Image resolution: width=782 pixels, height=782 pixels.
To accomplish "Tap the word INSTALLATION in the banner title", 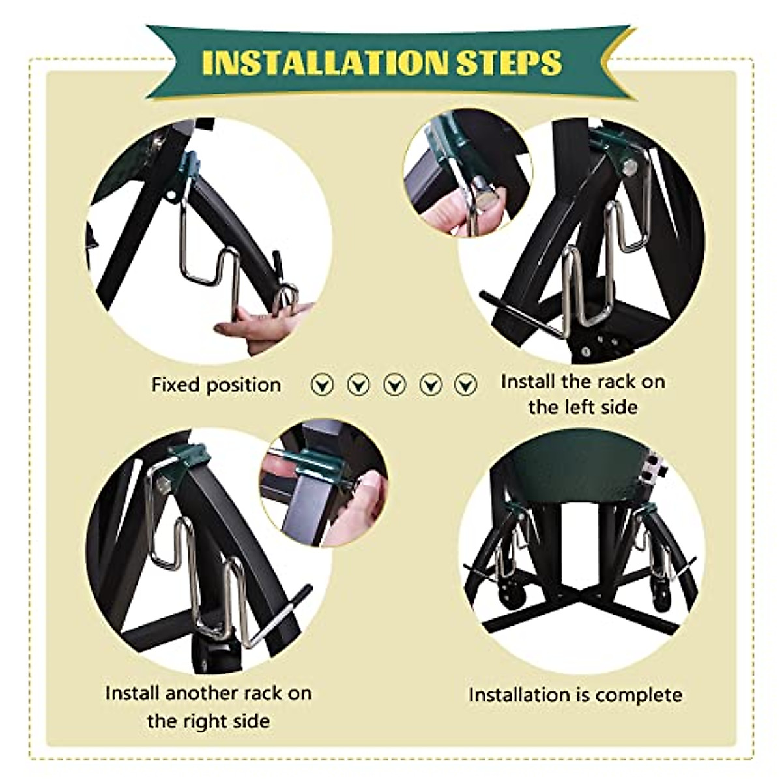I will click(x=325, y=63).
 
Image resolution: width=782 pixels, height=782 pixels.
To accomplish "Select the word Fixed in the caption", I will click(x=173, y=384).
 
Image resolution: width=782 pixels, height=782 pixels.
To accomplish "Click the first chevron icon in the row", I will click(x=322, y=384).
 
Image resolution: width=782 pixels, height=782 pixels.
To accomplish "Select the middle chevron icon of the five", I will click(x=394, y=384).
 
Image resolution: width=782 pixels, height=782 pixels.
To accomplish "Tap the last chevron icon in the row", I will click(x=465, y=384).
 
